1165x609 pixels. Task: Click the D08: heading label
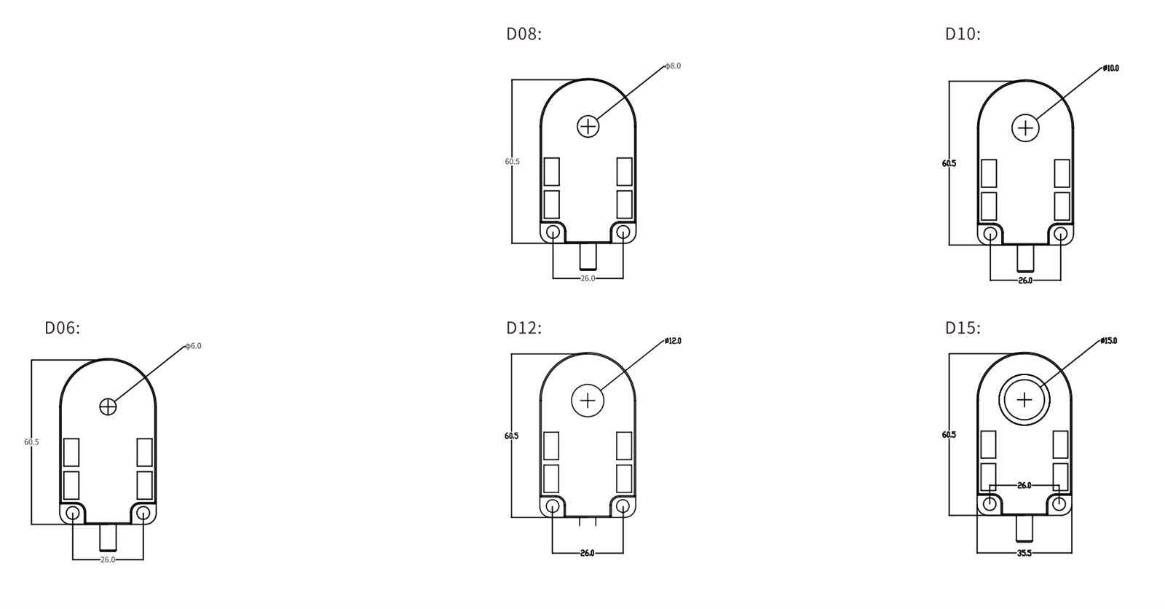coord(524,34)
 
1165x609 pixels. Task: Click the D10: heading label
coord(963,34)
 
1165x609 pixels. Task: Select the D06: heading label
coord(62,329)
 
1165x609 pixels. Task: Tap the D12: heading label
coord(524,329)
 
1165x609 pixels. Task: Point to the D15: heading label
coord(963,329)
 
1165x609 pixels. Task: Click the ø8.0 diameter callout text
coord(674,66)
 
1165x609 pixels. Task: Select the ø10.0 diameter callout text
coord(1111,68)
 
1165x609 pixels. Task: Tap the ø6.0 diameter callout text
coord(193,346)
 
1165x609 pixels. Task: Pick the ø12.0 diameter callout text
coord(673,341)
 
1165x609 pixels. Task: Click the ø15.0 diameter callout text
coord(1109,341)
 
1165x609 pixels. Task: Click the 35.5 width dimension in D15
coord(1024,554)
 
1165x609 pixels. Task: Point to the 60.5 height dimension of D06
coord(31,442)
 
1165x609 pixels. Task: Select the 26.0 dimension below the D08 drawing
coord(588,278)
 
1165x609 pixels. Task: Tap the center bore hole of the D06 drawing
coord(108,406)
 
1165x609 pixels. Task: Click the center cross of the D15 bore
coord(1024,400)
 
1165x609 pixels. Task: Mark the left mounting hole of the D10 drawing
coord(990,235)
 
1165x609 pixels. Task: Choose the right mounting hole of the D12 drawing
coord(623,506)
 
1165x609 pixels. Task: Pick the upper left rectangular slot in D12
coord(551,446)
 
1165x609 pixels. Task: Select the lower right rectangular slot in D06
coord(144,485)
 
